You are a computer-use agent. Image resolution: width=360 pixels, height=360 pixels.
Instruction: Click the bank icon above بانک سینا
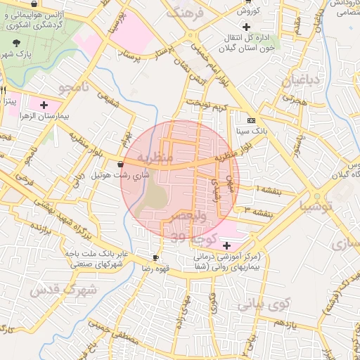point(251,120)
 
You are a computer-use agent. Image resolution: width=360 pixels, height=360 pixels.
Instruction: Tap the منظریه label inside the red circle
point(155,157)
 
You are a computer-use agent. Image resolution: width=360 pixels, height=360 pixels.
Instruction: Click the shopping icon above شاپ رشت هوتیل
point(122,164)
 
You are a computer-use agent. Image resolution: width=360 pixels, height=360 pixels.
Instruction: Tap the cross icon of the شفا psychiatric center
point(226,245)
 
